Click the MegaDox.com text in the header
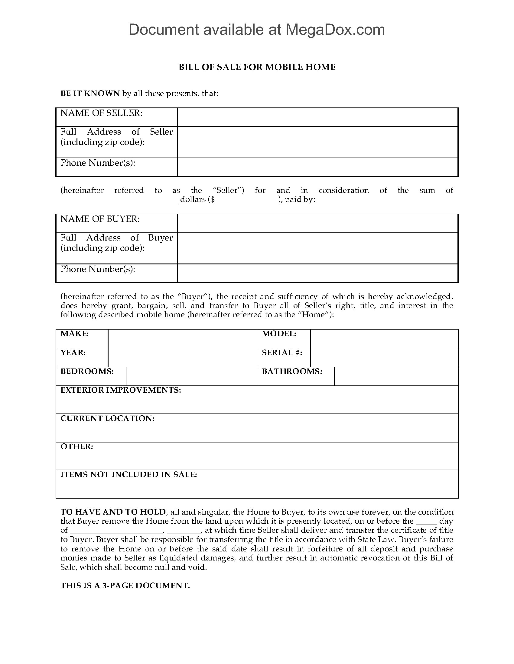point(335,30)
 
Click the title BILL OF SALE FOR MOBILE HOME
point(257,67)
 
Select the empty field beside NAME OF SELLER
point(317,117)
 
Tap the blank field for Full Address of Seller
point(317,142)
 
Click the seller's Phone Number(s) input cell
point(317,167)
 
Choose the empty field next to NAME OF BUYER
point(317,223)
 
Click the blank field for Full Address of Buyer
point(317,248)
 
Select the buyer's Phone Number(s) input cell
point(317,273)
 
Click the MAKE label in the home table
point(75,334)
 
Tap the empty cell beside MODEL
point(384,338)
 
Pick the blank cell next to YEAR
point(182,357)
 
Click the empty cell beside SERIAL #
point(384,357)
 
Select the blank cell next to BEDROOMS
point(191,376)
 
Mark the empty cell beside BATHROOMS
point(396,376)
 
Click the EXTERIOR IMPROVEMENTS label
point(121,390)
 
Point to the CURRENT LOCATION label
point(107,418)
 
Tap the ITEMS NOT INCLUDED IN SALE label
point(128,474)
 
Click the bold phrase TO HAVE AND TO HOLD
point(113,512)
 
